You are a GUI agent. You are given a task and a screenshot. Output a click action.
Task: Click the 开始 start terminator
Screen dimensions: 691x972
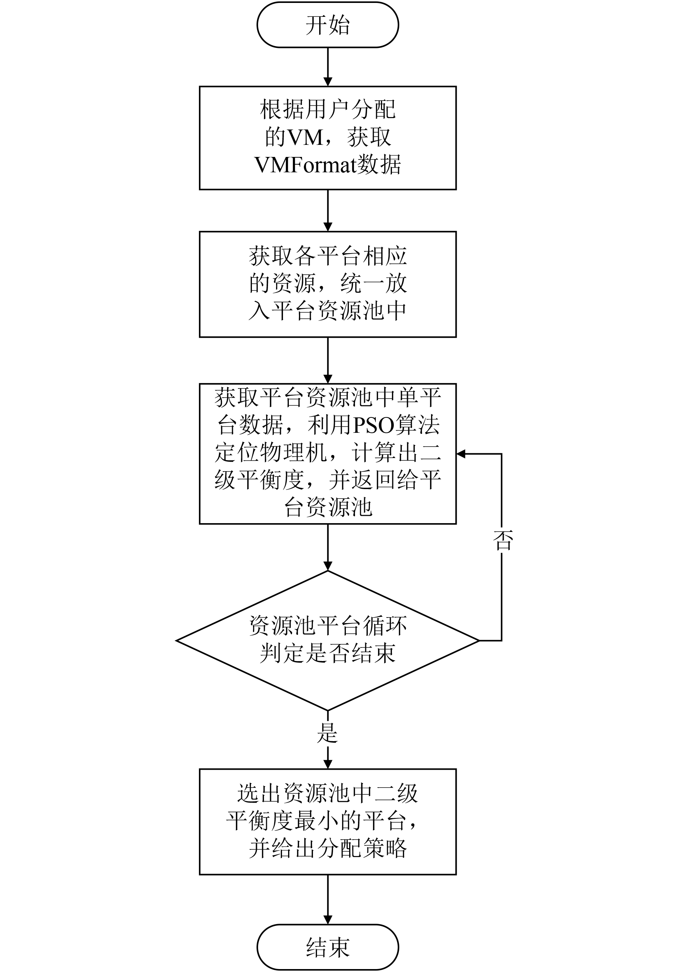coord(328,25)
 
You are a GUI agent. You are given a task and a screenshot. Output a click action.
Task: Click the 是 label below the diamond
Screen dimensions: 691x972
coord(327,733)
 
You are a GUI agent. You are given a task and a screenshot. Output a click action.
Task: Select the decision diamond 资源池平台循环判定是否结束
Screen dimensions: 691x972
coord(328,640)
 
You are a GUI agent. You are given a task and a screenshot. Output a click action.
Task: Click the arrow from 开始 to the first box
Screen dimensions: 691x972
coord(328,67)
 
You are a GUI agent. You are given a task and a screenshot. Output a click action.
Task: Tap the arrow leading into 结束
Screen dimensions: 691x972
coord(328,899)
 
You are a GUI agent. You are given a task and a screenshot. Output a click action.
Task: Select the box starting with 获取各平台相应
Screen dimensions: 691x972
coord(328,284)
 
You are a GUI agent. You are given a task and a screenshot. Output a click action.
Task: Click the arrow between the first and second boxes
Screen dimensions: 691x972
coord(328,210)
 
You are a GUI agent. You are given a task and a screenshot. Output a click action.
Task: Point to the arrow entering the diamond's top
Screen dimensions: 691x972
coord(328,547)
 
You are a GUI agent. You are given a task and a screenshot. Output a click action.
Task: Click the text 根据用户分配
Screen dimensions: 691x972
coord(328,109)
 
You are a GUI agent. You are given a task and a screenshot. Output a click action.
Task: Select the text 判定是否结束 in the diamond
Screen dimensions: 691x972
coord(328,653)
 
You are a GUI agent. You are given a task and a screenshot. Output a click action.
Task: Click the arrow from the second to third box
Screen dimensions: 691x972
coord(328,360)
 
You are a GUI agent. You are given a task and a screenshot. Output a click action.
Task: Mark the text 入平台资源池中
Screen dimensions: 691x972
coord(328,310)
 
